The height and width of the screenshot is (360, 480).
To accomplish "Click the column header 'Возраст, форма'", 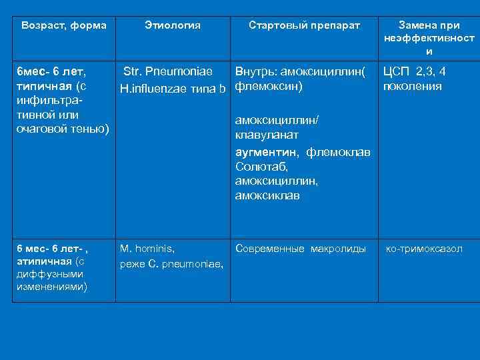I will [64, 25].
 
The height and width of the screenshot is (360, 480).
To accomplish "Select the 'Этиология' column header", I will [172, 25].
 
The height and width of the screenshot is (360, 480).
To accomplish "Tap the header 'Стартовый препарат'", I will [304, 25].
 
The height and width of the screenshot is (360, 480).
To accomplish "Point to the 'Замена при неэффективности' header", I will [429, 38].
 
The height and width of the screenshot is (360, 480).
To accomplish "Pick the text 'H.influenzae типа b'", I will [173, 87].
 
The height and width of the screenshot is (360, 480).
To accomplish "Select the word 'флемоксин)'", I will [269, 87].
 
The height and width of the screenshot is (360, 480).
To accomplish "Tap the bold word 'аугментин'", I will [268, 152].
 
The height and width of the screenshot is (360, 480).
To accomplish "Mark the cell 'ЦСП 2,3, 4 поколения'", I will [413, 79].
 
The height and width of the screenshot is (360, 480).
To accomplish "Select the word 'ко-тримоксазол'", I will [425, 249].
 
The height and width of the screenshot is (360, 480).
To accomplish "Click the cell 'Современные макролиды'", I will [301, 249].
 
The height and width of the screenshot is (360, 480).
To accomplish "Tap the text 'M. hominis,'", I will [147, 249].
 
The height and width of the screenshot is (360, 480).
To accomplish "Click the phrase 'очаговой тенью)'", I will [63, 127].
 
